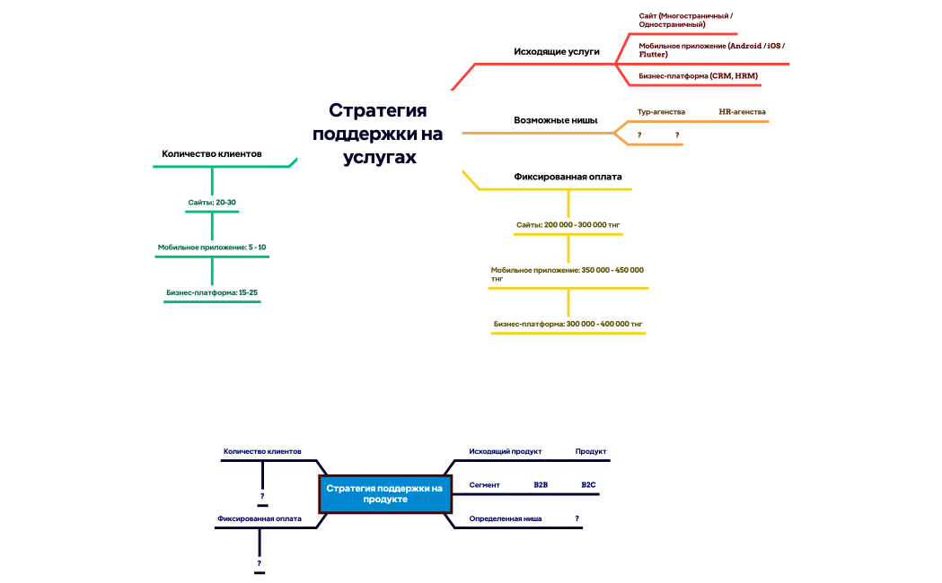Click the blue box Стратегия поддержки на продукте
coord(385,494)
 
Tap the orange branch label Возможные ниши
coord(556,120)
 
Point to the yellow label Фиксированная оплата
coord(568,177)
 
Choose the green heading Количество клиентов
coord(211,154)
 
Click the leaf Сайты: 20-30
coord(212,203)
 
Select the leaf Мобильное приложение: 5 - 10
coord(212,247)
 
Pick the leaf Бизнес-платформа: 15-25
coord(212,292)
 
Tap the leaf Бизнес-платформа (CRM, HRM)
coord(699,76)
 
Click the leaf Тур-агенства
coord(661,112)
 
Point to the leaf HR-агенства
coord(742,112)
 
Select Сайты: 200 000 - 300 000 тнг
coord(568,224)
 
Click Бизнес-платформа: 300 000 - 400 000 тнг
coord(568,324)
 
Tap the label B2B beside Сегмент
coord(541,485)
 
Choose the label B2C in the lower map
coord(588,485)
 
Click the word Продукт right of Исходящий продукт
coord(591,452)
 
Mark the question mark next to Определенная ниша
coord(577,519)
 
